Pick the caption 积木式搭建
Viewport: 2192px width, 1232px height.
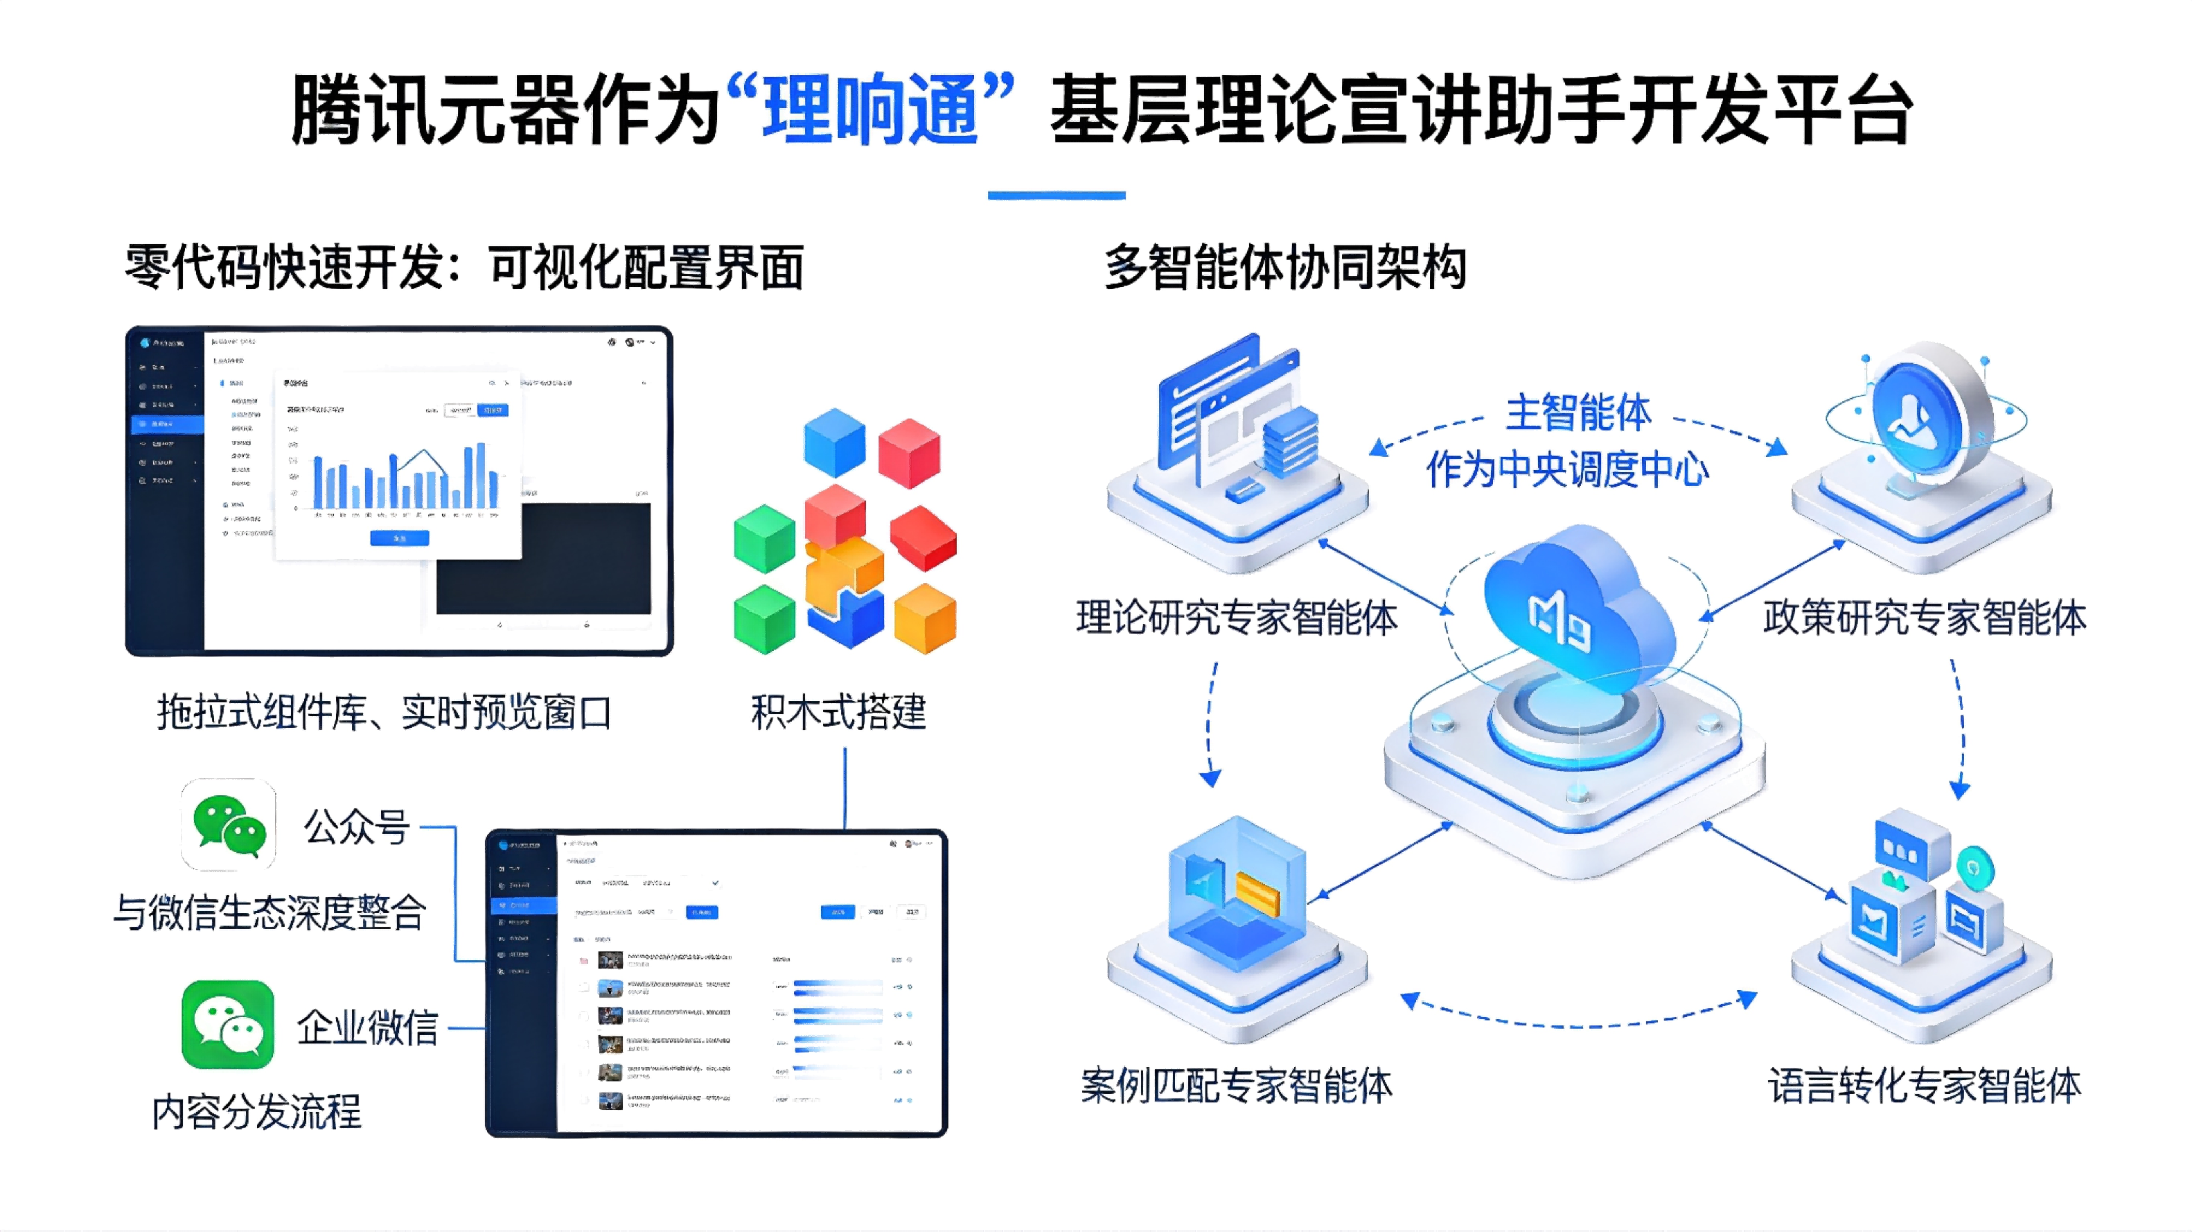pyautogui.click(x=838, y=712)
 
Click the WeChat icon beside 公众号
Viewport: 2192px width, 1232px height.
pyautogui.click(x=228, y=823)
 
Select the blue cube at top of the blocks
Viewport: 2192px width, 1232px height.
pyautogui.click(x=834, y=442)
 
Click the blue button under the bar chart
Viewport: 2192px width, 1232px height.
pyautogui.click(x=399, y=538)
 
